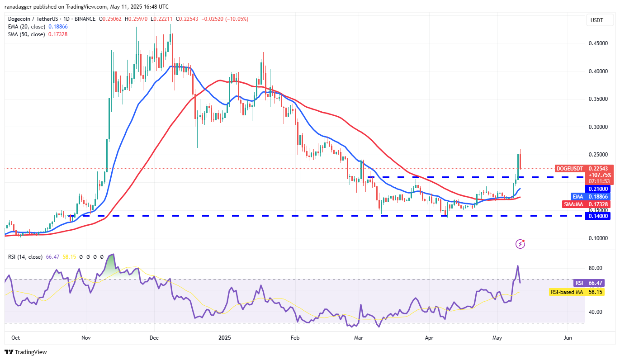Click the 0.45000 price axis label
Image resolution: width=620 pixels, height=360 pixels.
(598, 43)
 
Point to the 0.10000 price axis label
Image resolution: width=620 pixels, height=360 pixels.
(598, 238)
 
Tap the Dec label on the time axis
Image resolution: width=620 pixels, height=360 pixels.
(154, 338)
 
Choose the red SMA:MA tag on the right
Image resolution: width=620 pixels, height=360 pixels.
(573, 204)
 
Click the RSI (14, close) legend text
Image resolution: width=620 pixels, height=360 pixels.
(25, 257)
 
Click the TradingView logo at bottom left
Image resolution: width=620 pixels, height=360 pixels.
(26, 352)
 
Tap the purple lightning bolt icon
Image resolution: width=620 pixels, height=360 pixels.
(520, 244)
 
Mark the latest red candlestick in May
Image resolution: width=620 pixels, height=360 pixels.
(521, 161)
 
